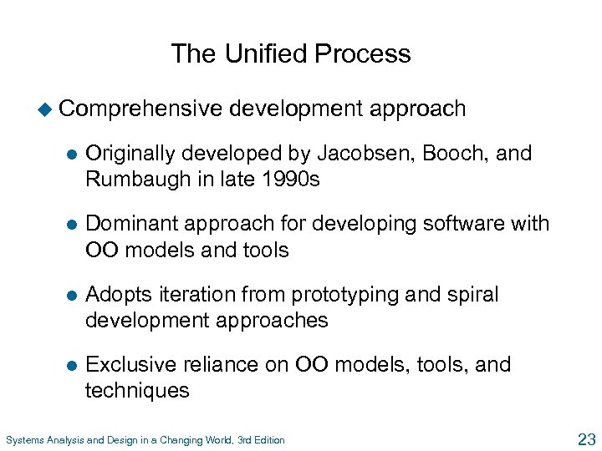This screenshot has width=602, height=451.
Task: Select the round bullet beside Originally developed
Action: point(70,154)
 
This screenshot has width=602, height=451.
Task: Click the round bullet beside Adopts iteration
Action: point(70,296)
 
